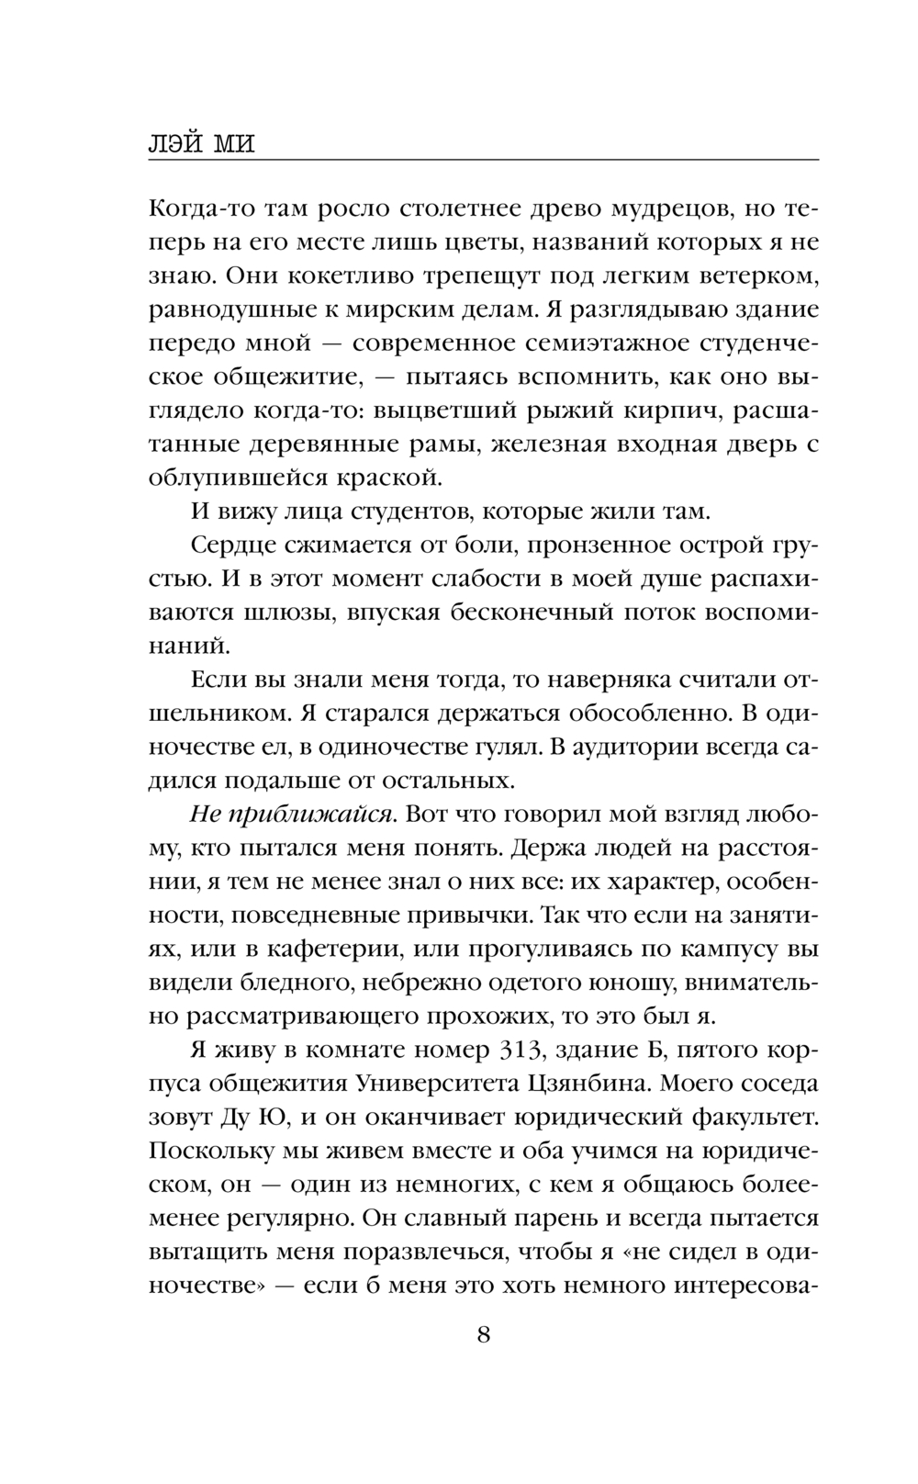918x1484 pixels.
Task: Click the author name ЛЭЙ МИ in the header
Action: (202, 143)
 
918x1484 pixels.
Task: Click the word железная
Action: (549, 444)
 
